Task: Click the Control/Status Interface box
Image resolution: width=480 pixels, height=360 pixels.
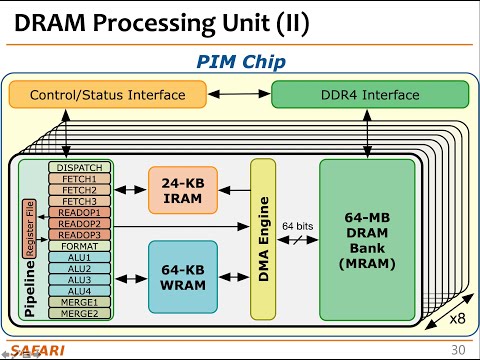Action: coord(107,95)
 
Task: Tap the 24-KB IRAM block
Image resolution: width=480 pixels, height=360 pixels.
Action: coord(182,188)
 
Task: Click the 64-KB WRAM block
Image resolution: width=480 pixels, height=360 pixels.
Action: coord(182,274)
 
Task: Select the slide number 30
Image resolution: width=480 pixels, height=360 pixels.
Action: coord(458,349)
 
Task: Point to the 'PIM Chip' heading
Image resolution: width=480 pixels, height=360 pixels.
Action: coord(240,62)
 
